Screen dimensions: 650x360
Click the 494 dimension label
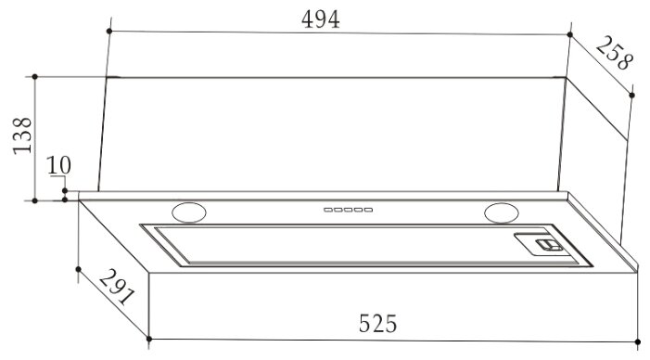pos(321,19)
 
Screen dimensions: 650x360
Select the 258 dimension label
pos(615,53)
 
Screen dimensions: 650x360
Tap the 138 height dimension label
pos(22,135)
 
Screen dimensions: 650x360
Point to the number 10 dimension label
pos(58,165)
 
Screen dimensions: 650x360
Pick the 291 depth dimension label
pos(117,287)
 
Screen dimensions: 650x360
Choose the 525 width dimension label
pos(377,324)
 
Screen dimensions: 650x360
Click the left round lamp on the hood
pos(189,212)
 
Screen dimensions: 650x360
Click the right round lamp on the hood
pos(502,212)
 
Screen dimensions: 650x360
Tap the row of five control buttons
pos(349,210)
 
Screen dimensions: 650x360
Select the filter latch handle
pos(548,245)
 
